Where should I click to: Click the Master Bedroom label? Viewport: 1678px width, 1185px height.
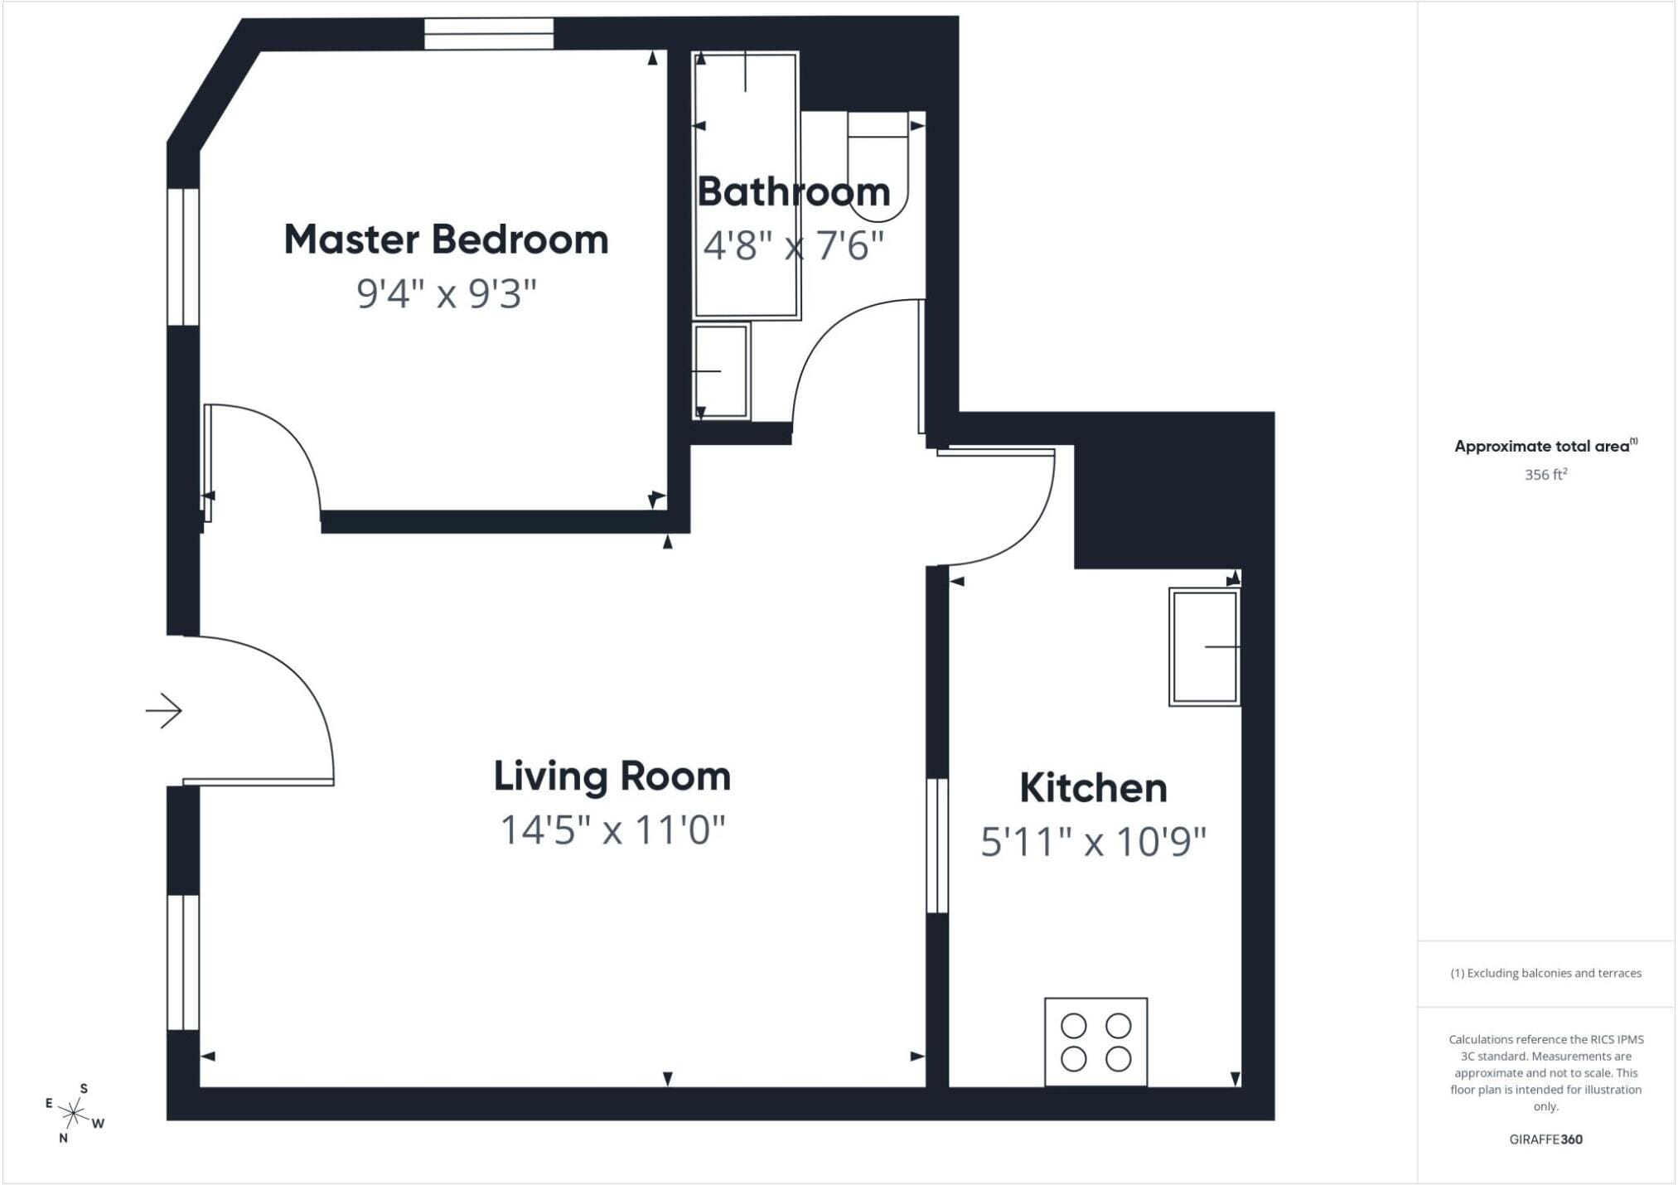[x=446, y=239]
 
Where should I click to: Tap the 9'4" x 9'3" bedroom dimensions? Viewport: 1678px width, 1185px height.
[x=447, y=293]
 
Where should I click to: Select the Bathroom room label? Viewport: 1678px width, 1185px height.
[x=794, y=192]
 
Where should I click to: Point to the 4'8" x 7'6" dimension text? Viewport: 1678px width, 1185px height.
[x=794, y=246]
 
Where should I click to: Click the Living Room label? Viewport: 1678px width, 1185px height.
[x=612, y=776]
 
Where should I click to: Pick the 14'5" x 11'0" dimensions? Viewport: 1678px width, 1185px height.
[x=612, y=829]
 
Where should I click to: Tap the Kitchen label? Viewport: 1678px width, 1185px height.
[x=1093, y=788]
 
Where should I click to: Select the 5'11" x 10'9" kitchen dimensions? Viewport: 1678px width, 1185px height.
[x=1093, y=842]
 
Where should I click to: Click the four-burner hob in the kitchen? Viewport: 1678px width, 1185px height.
[x=1095, y=1042]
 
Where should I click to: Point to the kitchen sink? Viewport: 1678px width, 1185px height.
[x=1205, y=647]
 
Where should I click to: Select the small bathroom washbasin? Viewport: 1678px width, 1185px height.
[x=722, y=371]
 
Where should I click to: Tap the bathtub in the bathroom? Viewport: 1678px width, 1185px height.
[x=747, y=186]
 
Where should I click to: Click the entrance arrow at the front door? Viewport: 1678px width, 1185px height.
[x=164, y=710]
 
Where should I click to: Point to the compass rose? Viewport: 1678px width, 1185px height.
[x=74, y=1113]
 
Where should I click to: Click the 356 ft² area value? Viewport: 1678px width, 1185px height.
[x=1546, y=475]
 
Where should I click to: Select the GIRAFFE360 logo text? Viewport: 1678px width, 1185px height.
[x=1546, y=1139]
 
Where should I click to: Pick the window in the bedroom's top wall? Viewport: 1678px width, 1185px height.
[x=489, y=34]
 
